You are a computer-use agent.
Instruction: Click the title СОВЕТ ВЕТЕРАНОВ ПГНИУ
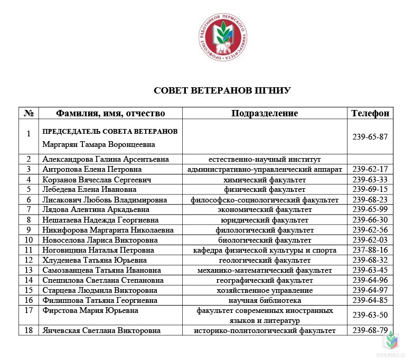point(222,90)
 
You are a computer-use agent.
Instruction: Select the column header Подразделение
point(264,113)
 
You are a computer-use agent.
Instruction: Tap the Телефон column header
point(370,113)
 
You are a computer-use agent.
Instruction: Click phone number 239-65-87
point(370,136)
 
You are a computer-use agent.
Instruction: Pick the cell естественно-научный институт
point(265,159)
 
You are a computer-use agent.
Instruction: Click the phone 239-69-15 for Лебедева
point(370,189)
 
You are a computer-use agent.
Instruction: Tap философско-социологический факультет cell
point(265,199)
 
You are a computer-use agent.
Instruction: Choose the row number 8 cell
point(29,220)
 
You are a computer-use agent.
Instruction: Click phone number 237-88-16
point(370,250)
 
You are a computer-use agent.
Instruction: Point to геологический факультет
point(265,260)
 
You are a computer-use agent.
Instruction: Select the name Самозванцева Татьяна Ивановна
point(101,270)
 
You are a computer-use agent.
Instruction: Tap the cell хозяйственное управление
point(265,290)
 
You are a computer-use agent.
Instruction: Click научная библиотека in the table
point(265,300)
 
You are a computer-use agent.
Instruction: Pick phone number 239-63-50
point(370,315)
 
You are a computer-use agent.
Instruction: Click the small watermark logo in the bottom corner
point(393,343)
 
